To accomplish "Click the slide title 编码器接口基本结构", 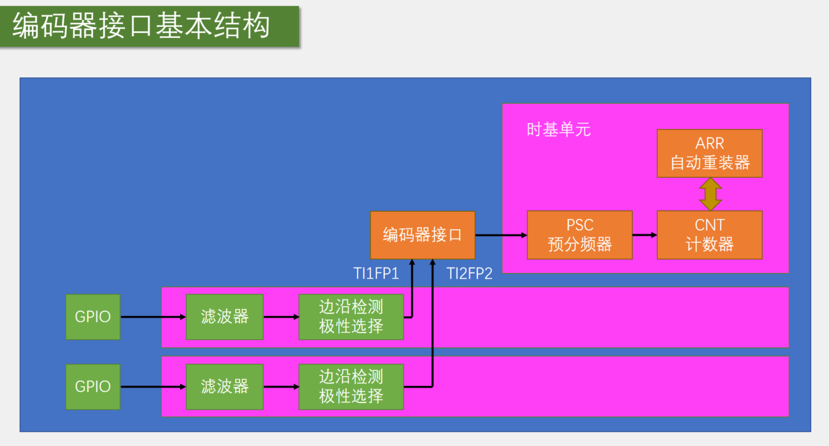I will pos(142,27).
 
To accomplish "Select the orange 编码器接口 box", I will pos(422,235).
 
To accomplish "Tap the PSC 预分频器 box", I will pos(580,235).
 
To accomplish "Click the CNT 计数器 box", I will pos(710,235).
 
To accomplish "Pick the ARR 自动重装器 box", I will pos(710,153).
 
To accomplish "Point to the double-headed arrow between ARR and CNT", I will pos(710,194).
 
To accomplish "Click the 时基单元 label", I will pos(559,129).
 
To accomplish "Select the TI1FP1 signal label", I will pos(376,274).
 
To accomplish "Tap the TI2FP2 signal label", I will pos(469,274).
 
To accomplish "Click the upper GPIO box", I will pos(93,317).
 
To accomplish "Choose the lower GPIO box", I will pos(93,386).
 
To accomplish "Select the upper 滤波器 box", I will pos(225,317).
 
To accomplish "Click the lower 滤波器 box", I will pos(225,386).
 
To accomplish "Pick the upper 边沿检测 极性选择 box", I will pos(351,317).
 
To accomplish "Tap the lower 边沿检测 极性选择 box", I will pos(351,386).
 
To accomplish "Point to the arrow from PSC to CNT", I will pos(645,235).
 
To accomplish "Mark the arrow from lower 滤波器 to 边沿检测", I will pos(281,386).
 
